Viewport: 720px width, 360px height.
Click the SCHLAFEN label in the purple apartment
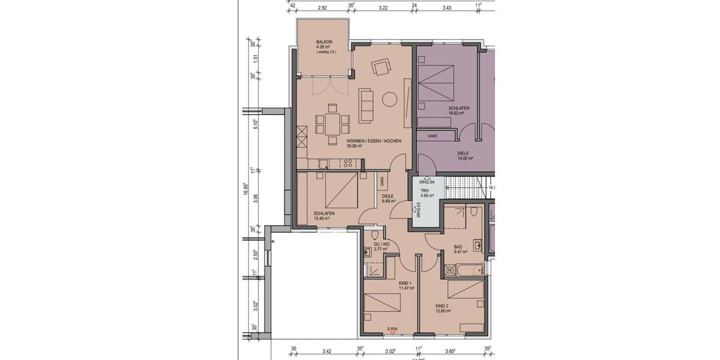pyautogui.click(x=458, y=108)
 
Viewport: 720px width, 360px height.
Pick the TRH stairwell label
pyautogui.click(x=424, y=190)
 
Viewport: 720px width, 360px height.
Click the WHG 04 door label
pyautogui.click(x=426, y=181)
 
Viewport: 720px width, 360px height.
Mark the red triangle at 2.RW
pyautogui.click(x=392, y=333)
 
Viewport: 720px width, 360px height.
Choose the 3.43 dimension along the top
pyautogui.click(x=446, y=8)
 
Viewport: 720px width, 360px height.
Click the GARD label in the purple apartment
pyautogui.click(x=432, y=136)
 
